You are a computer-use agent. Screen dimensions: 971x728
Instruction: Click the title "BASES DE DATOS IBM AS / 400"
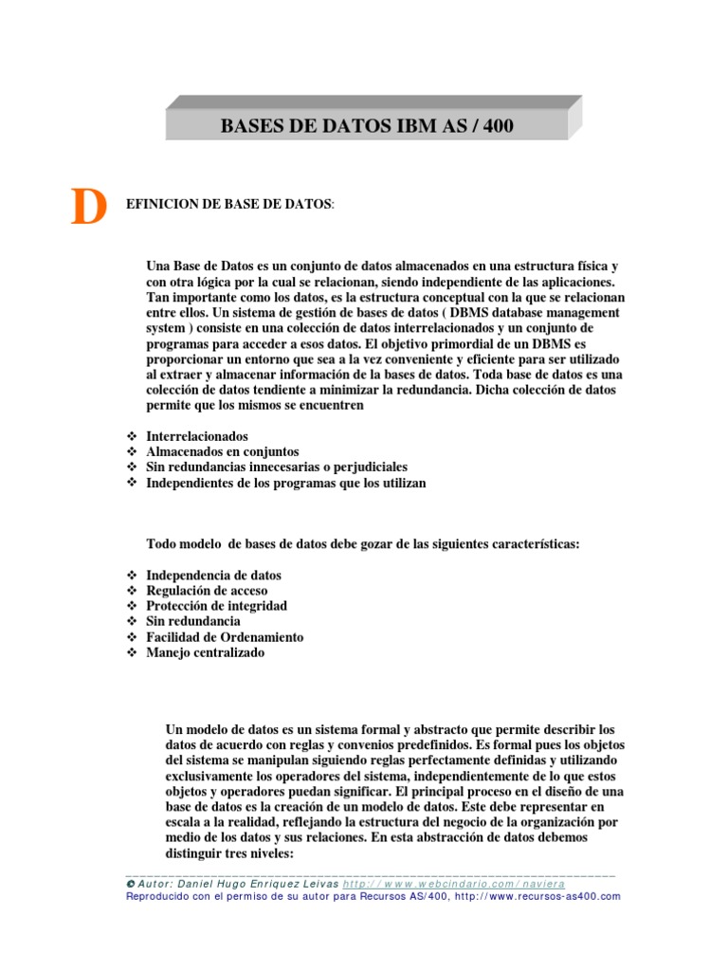[x=367, y=125]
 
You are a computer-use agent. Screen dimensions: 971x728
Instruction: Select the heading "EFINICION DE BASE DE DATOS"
[x=228, y=204]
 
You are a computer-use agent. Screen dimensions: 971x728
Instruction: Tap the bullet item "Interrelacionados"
[x=197, y=435]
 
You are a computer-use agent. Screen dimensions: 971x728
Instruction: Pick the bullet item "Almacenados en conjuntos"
[x=223, y=451]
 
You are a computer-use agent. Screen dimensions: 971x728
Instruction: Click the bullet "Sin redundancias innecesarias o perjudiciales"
[x=277, y=467]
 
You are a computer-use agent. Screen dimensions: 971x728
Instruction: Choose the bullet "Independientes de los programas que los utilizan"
[x=286, y=484]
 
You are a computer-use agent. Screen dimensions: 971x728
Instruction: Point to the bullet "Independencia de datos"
[x=213, y=576]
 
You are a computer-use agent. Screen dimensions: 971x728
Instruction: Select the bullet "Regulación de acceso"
[x=207, y=591]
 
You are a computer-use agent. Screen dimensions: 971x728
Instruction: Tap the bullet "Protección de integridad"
[x=216, y=606]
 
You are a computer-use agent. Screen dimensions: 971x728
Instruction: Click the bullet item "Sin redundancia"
[x=193, y=621]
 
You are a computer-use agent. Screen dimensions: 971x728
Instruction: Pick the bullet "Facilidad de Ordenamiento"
[x=225, y=637]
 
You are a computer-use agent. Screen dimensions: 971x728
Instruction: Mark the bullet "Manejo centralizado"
[x=206, y=652]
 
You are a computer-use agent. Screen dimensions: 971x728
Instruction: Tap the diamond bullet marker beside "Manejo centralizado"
[x=131, y=652]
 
